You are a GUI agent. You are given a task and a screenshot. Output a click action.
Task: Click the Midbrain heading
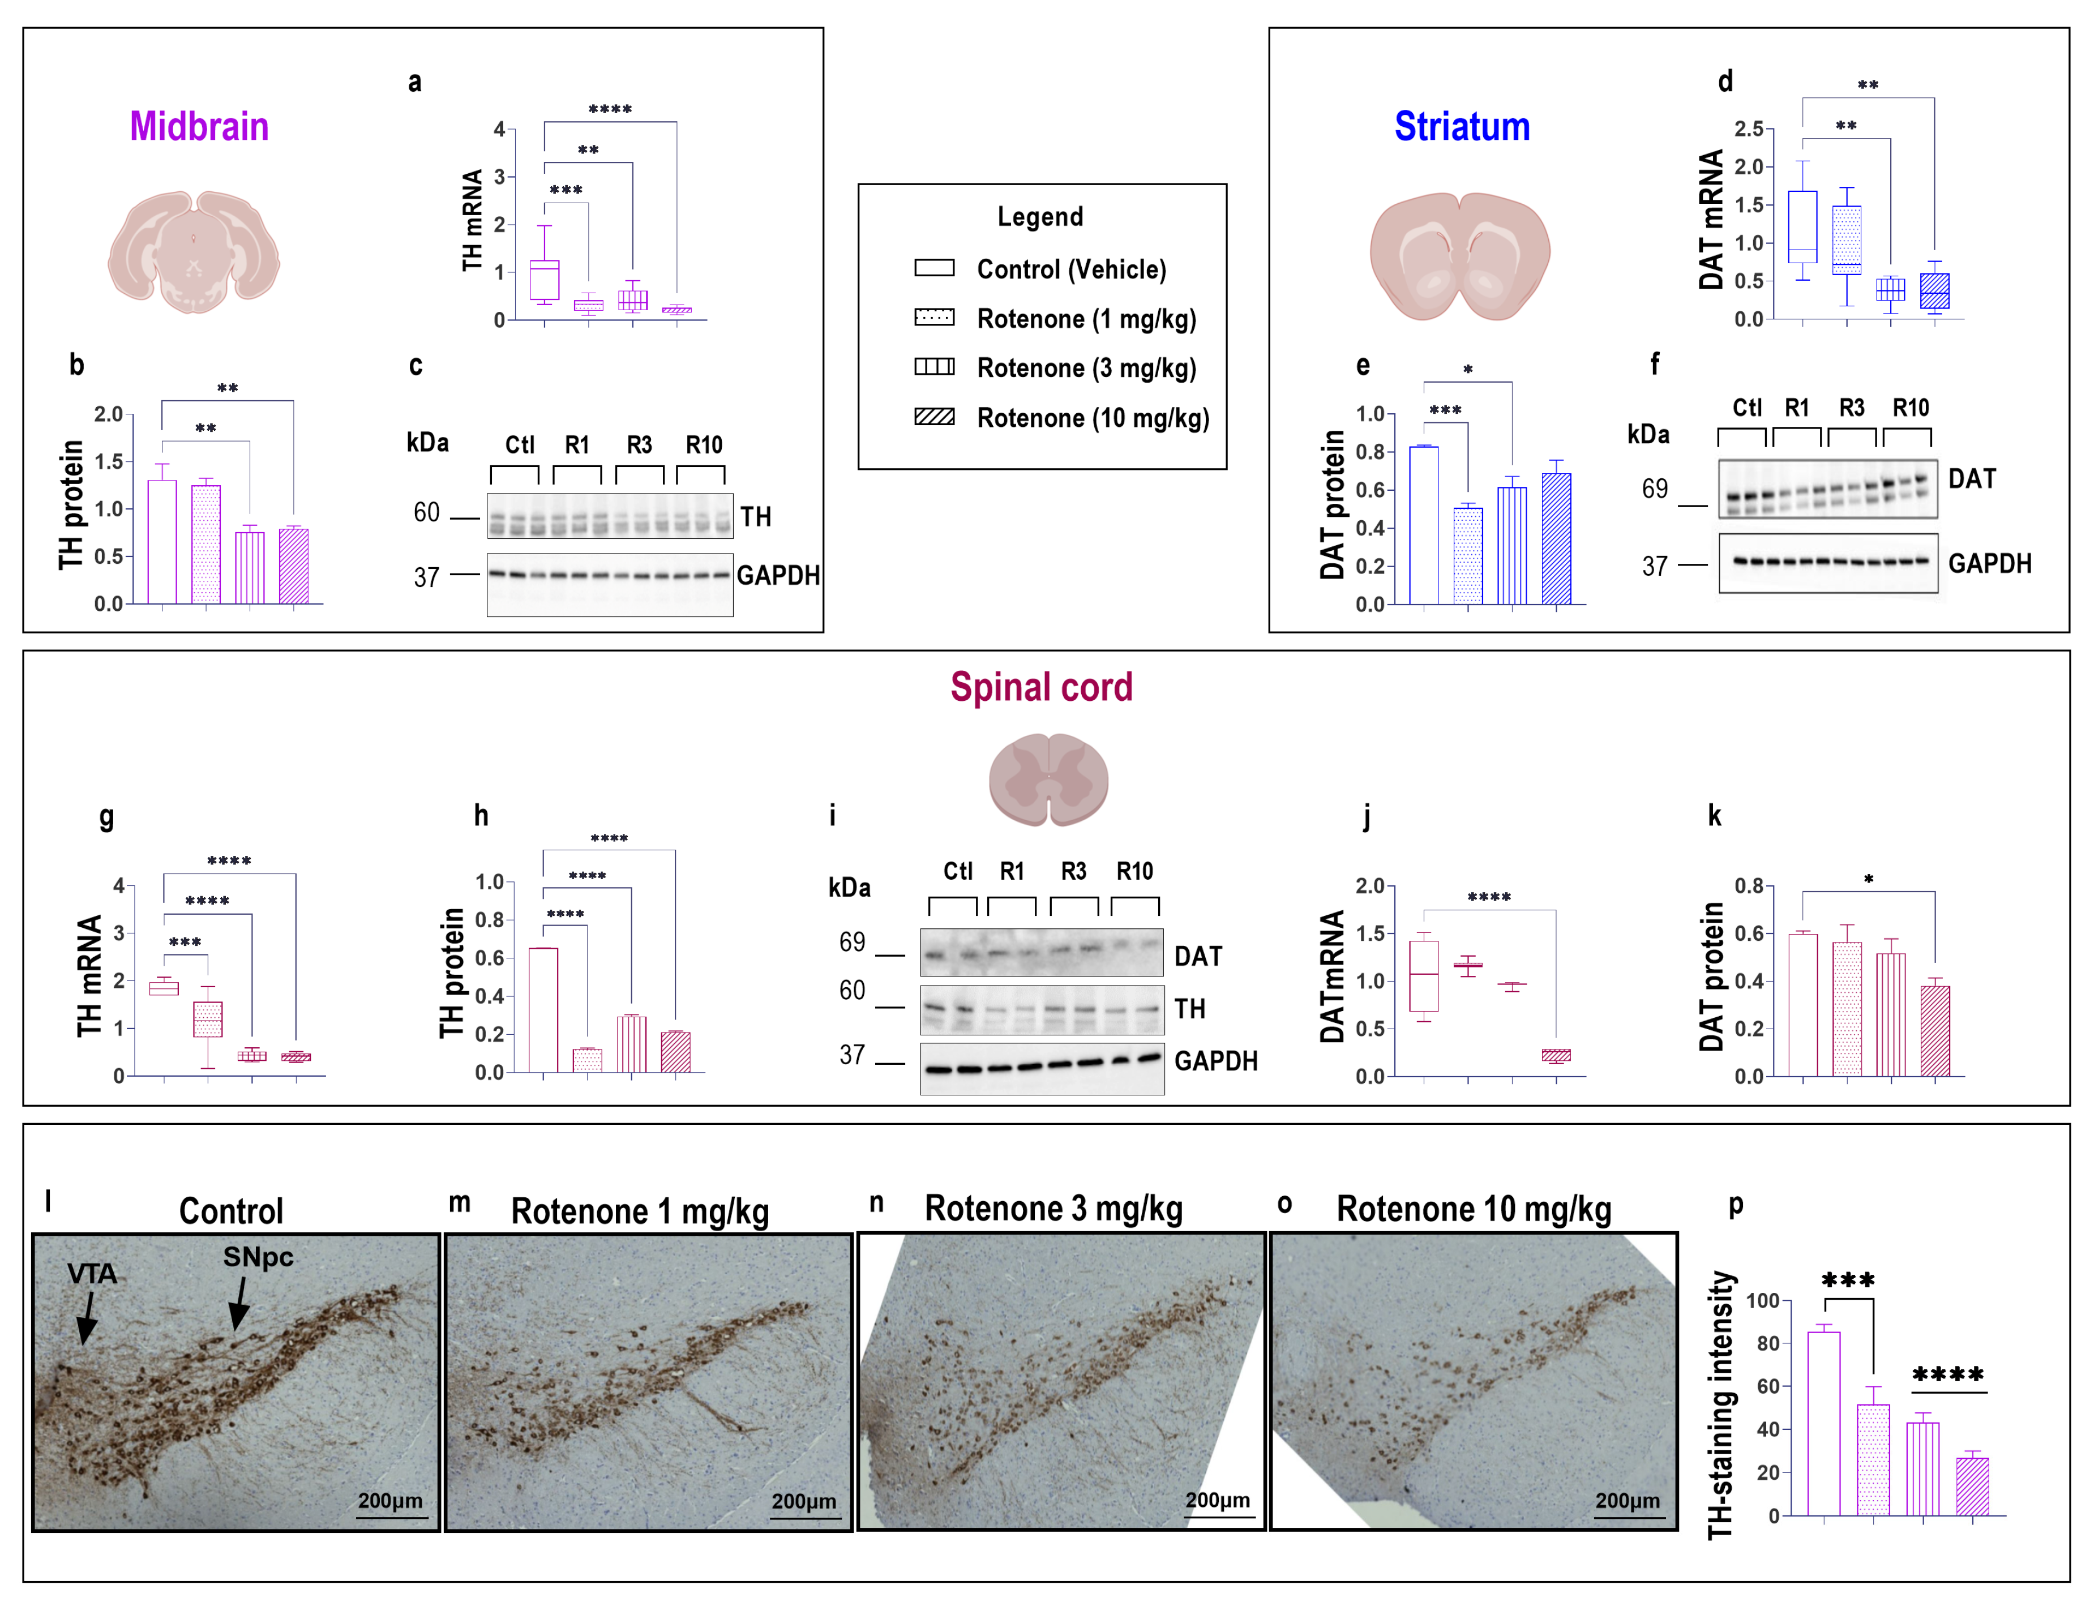199,127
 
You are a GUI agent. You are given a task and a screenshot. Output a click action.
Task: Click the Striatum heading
1462,127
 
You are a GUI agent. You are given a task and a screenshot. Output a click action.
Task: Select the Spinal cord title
1041,688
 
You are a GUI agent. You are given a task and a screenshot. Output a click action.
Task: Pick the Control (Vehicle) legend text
1070,270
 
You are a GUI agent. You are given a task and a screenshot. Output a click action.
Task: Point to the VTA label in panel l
92,1274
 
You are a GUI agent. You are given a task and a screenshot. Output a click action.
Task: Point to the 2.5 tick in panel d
1748,128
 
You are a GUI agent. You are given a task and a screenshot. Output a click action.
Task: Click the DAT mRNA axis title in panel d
1711,219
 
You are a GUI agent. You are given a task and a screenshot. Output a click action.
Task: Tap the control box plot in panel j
1424,975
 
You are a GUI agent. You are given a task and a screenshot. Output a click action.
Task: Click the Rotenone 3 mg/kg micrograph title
1053,1209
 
